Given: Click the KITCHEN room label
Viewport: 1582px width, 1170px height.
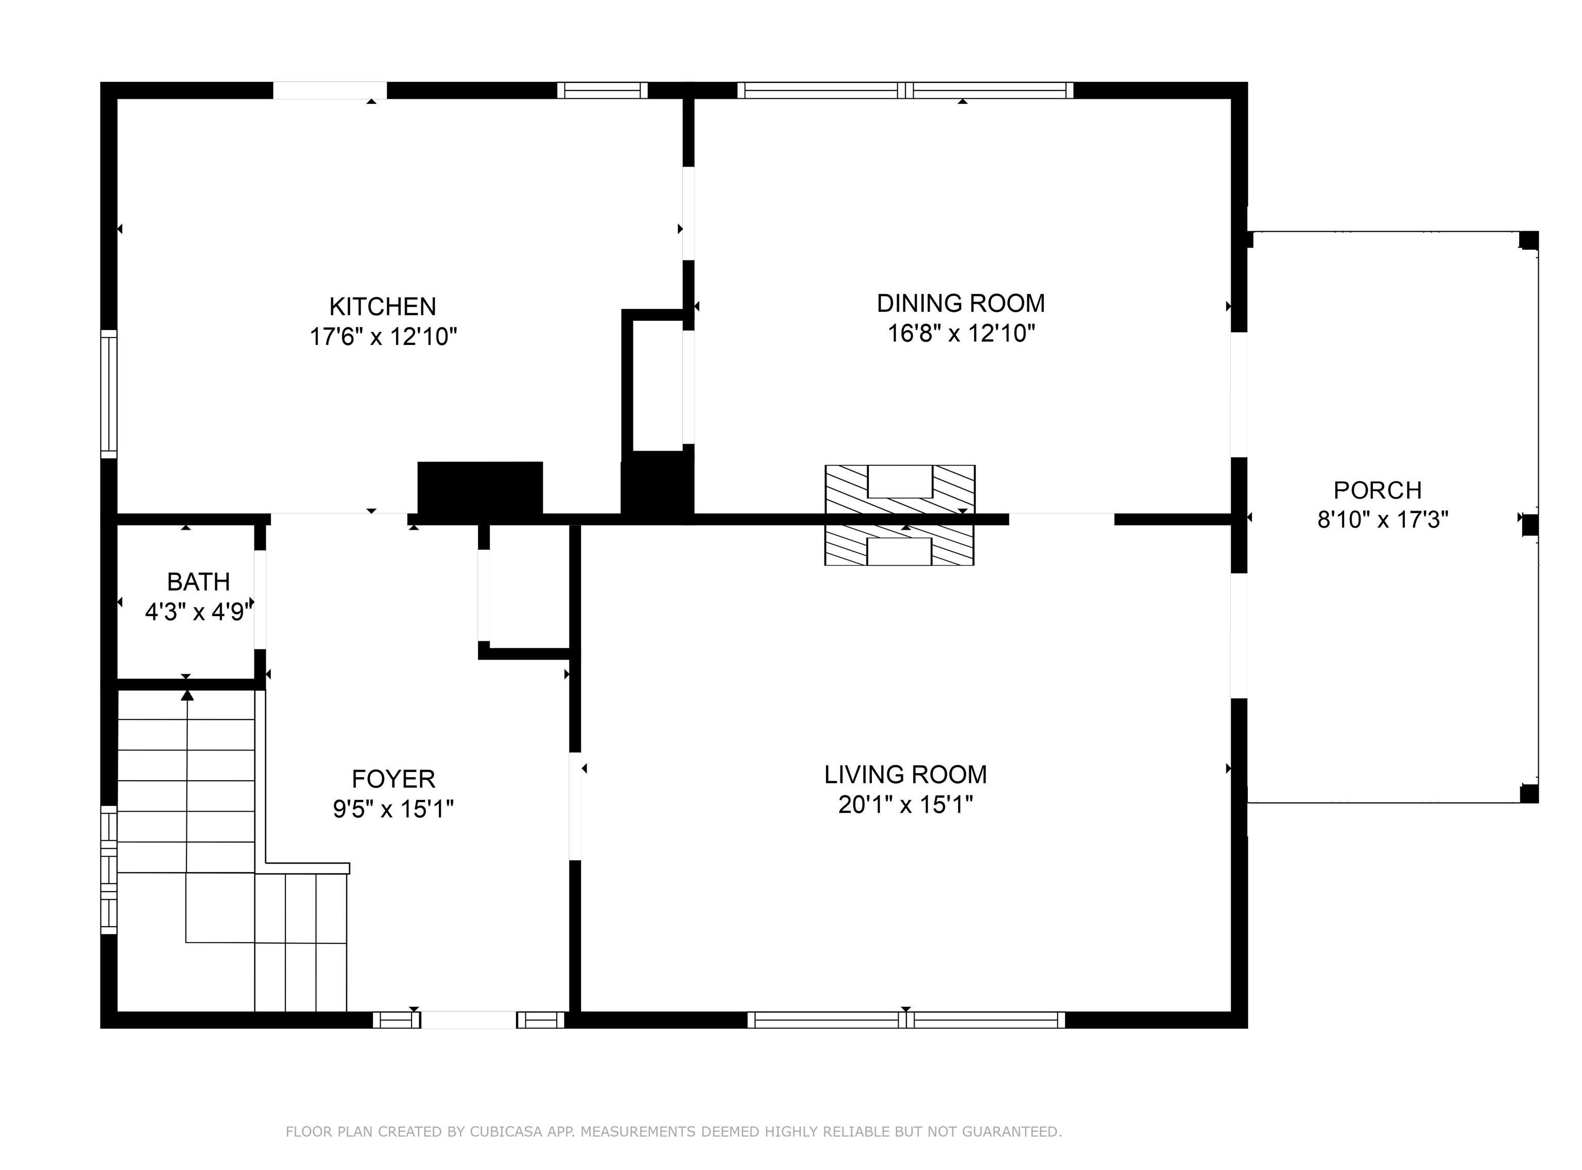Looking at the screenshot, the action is coord(383,307).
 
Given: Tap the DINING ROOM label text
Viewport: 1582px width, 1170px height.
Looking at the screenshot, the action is coord(960,303).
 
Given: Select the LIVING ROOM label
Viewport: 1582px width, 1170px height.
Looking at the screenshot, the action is coord(905,775).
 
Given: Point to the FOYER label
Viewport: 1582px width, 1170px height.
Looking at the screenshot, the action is coord(393,779).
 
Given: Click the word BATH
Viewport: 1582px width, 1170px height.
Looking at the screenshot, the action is coord(198,582).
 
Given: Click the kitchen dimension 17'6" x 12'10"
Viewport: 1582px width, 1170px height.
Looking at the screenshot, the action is coord(383,337).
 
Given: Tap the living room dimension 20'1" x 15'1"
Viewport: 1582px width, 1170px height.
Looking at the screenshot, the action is coord(905,805).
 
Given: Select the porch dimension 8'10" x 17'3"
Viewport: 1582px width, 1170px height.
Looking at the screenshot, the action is coord(1383,520).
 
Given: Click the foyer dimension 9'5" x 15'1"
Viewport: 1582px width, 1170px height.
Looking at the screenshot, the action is coord(393,809).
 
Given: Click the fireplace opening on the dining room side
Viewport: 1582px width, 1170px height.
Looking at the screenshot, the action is coord(900,482).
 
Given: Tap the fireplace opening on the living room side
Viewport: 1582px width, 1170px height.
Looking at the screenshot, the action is coord(899,552).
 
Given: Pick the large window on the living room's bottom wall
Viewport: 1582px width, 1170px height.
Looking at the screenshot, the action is coord(906,1020).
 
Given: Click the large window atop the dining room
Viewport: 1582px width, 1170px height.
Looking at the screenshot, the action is coord(905,91).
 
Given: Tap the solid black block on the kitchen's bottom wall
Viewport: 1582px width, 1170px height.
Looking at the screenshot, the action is coord(480,488).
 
